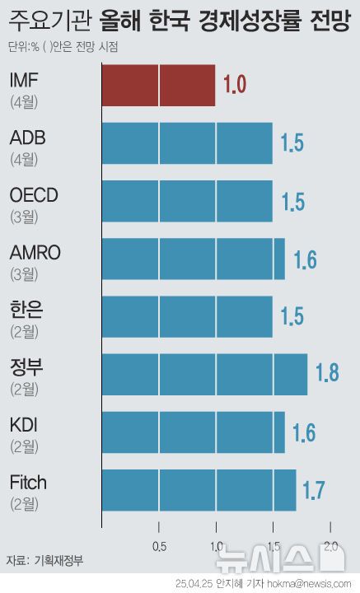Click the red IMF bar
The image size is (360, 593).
click(x=158, y=86)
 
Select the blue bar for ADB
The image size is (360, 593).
click(x=187, y=143)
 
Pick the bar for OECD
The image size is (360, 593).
click(x=187, y=201)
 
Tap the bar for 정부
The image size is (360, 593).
click(x=204, y=374)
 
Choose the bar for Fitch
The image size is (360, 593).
click(x=199, y=489)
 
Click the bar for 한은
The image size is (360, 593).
click(x=187, y=316)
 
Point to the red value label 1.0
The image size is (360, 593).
click(x=235, y=85)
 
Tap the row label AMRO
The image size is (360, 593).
click(x=35, y=252)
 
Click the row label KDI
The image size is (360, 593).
click(x=24, y=425)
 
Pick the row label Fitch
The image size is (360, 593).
click(x=29, y=483)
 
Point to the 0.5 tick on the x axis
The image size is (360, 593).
click(x=158, y=547)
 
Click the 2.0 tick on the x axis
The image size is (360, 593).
click(x=330, y=547)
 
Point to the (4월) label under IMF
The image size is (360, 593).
click(x=24, y=103)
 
